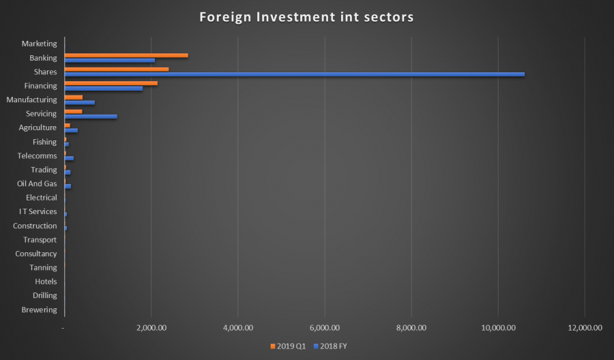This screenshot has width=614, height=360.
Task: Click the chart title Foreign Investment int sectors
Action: point(306,16)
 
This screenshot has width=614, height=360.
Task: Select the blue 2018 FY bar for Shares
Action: point(294,74)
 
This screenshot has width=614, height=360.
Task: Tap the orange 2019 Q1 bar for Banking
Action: point(126,55)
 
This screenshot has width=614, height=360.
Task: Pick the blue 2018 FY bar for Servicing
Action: point(90,117)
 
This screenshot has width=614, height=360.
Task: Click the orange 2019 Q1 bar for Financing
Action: point(111,83)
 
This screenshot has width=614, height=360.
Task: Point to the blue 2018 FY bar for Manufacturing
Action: point(79,102)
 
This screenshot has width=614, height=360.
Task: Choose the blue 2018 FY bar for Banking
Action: point(109,61)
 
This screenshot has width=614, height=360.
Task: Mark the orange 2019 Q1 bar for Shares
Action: point(116,69)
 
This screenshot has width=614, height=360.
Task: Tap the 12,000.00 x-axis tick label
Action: point(585,328)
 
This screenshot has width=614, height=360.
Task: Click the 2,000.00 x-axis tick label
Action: point(151,328)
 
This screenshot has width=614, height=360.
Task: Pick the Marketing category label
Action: point(40,44)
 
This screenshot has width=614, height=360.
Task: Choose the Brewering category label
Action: point(40,310)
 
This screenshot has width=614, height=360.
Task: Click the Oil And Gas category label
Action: point(37,183)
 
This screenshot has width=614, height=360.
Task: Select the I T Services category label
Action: point(38,211)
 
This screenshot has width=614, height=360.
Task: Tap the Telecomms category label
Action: point(37,155)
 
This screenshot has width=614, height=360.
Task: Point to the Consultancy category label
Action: point(36,254)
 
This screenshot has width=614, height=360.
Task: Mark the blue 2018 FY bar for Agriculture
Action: point(71,130)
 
